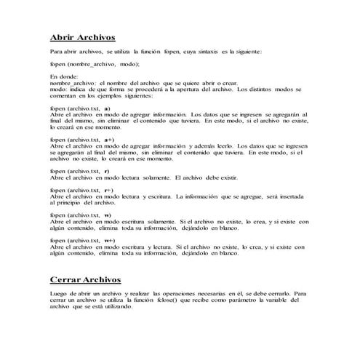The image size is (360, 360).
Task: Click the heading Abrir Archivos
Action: point(82,37)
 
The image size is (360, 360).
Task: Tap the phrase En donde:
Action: point(64,76)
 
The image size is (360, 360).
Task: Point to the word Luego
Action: point(59,295)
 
